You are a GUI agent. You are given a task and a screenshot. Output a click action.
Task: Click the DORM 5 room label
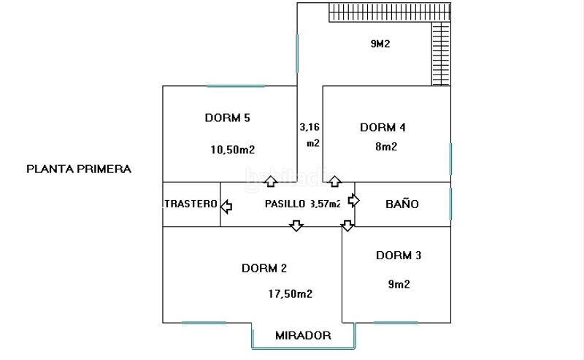click(x=228, y=118)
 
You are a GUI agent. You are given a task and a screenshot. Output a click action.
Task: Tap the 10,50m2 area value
click(x=232, y=150)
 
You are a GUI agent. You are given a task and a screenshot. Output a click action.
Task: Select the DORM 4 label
click(x=383, y=127)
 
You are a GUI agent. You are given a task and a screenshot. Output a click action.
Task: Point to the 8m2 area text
click(x=385, y=146)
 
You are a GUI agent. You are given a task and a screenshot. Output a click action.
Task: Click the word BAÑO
click(x=401, y=204)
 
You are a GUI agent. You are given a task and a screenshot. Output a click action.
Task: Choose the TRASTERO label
click(x=191, y=204)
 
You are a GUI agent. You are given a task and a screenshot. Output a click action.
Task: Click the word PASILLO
click(x=285, y=204)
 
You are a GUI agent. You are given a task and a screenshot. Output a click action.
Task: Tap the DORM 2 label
click(x=264, y=268)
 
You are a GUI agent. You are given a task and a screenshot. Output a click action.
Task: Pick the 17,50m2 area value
click(x=291, y=294)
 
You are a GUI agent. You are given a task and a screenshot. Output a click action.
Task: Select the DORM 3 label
click(x=399, y=256)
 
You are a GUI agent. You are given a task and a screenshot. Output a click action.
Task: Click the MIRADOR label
click(x=303, y=336)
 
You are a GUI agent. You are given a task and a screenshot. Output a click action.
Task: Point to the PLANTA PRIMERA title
click(x=79, y=169)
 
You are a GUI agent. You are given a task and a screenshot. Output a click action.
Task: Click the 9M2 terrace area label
click(x=380, y=44)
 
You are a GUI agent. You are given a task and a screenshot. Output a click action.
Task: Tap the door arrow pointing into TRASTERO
click(x=226, y=207)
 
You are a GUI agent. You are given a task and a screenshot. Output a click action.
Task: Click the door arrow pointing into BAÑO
click(x=354, y=199)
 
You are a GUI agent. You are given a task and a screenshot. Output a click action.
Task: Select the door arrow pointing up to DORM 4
click(x=334, y=180)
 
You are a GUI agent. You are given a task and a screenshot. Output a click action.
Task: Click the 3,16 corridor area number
click(x=310, y=127)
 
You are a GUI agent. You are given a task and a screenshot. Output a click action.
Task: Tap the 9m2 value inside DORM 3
click(x=398, y=284)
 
